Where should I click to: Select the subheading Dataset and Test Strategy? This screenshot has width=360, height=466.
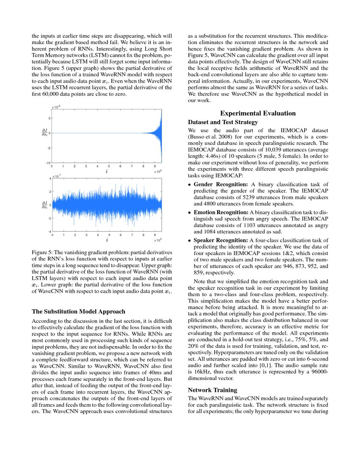point(223,122)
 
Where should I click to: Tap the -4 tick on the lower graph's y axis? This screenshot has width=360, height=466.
point(50,231)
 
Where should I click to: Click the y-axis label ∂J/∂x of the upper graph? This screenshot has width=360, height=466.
point(44,133)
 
